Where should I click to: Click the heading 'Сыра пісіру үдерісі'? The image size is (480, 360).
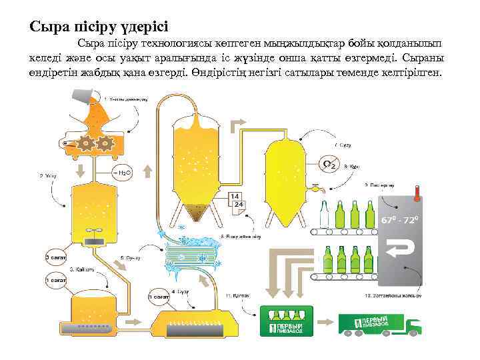point(99,27)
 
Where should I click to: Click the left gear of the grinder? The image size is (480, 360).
point(86,143)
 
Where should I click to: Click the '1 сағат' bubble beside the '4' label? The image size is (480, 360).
point(158,296)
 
